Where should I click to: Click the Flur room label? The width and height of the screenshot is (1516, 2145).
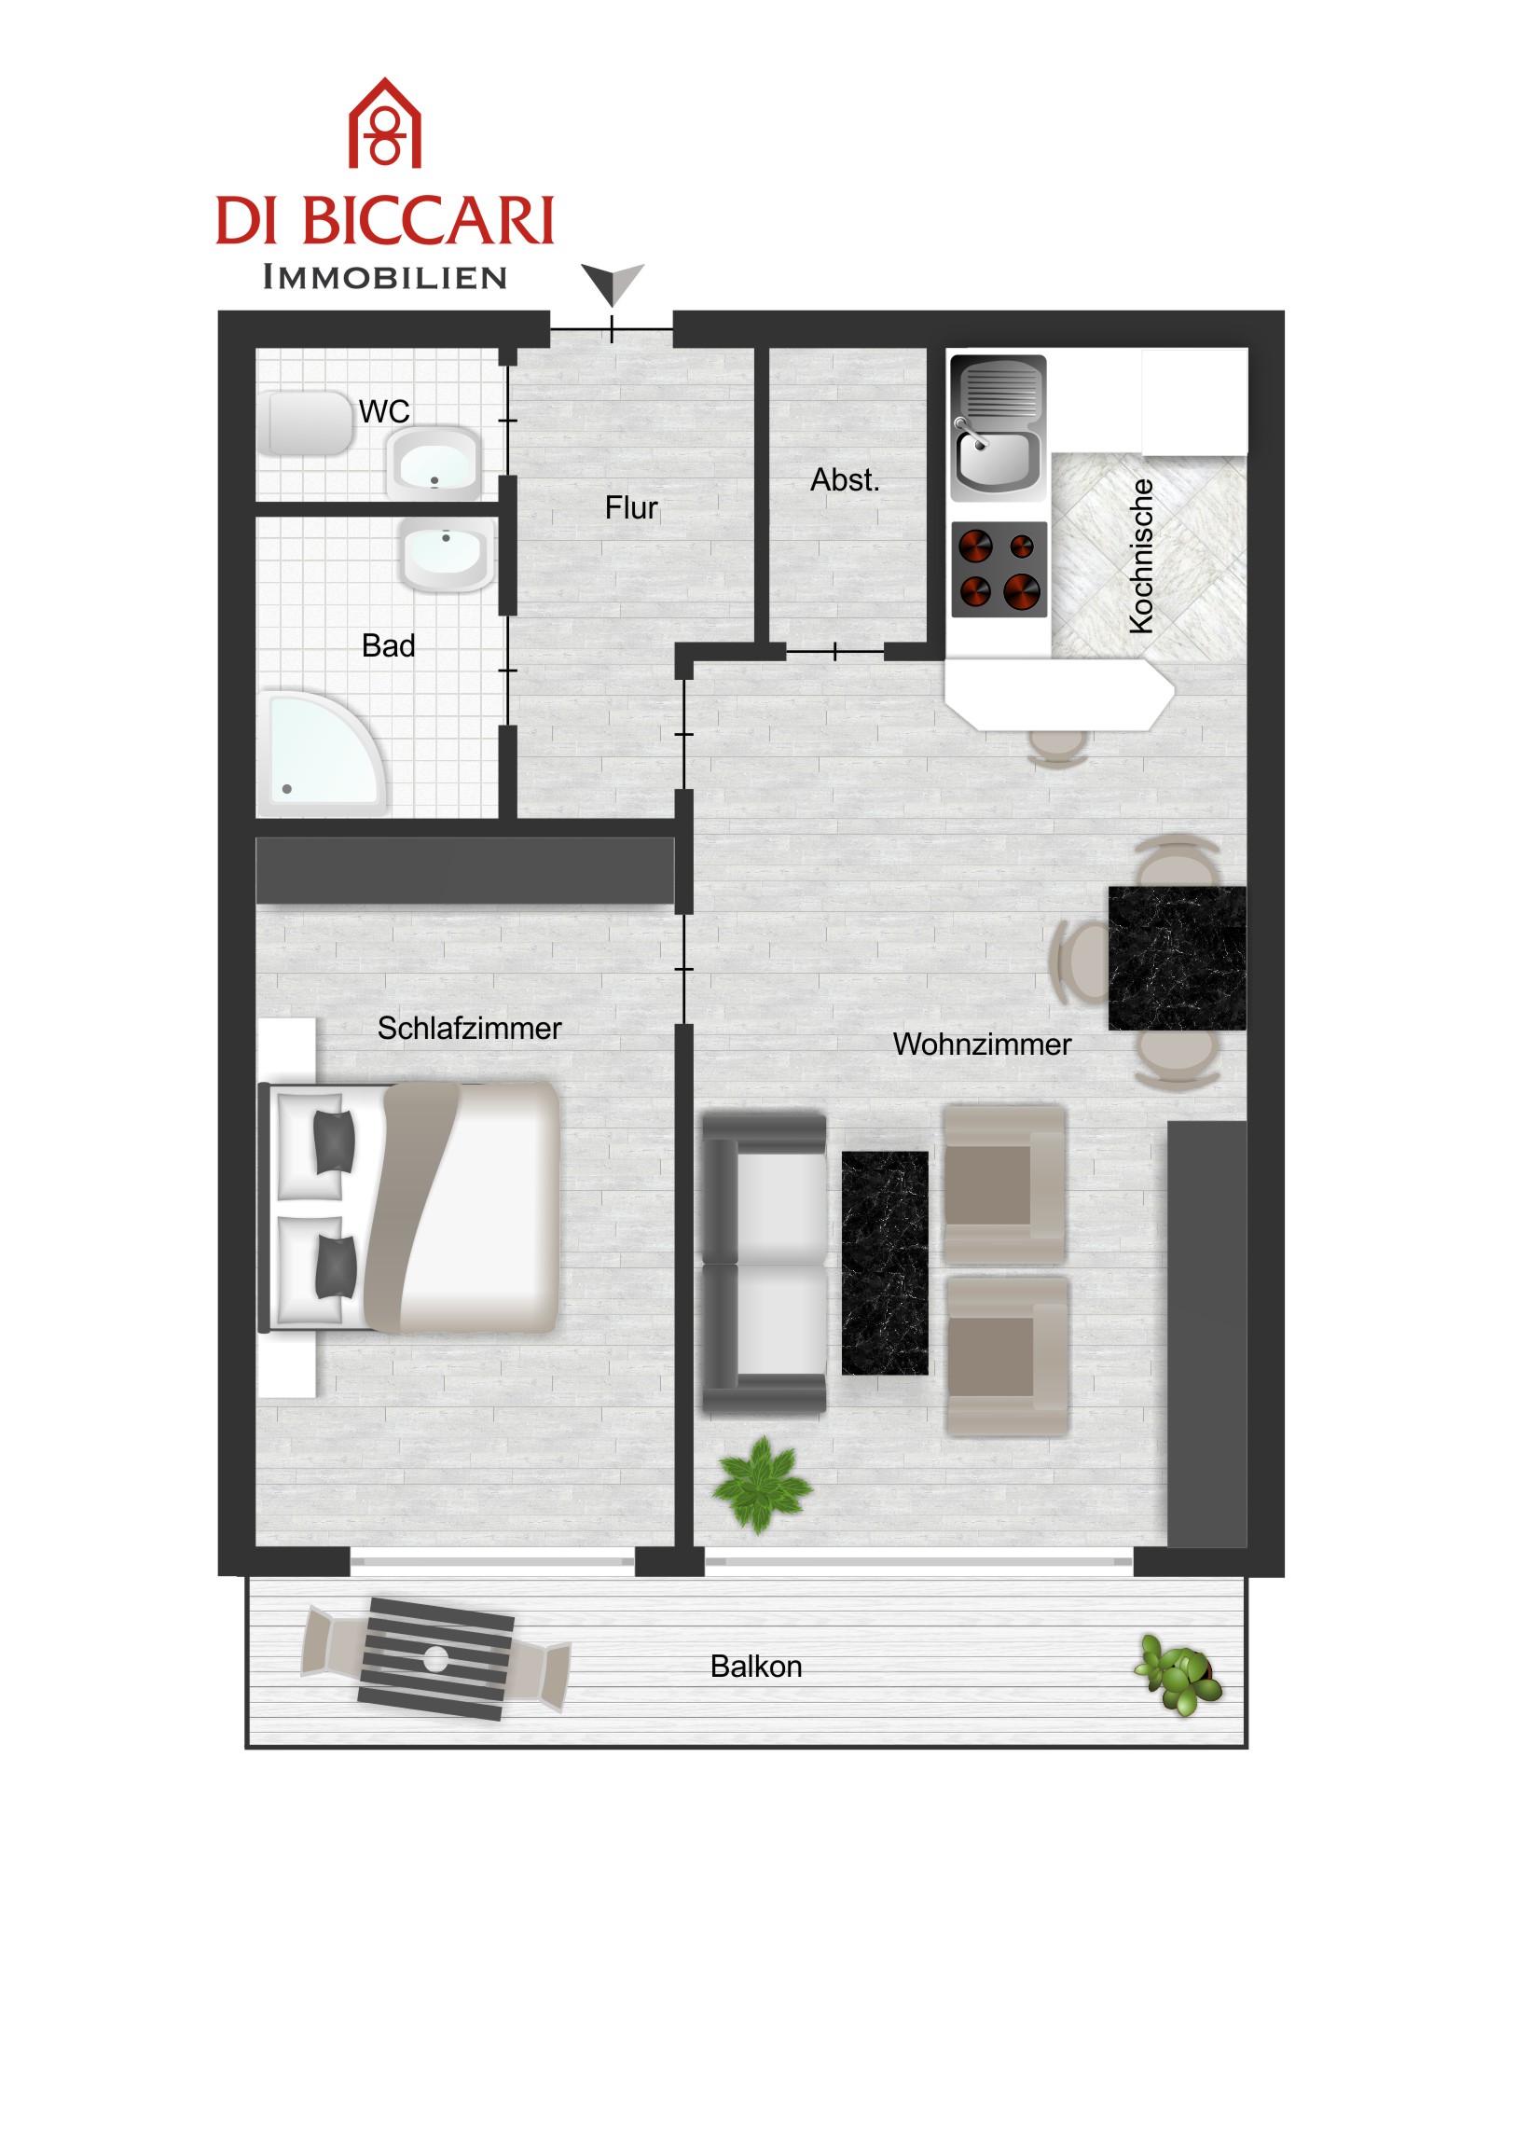click(x=631, y=508)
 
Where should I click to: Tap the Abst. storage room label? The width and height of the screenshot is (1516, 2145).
click(x=846, y=480)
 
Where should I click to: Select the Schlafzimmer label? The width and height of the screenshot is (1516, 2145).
click(x=469, y=1029)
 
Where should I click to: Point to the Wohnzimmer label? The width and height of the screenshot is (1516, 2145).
click(x=982, y=1045)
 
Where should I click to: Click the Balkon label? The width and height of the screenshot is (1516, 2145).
click(x=755, y=1667)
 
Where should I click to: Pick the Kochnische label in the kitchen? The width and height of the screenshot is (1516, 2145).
click(x=1141, y=557)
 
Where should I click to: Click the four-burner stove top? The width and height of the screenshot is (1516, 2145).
click(x=999, y=569)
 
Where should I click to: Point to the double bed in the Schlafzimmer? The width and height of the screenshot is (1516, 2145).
click(x=409, y=1207)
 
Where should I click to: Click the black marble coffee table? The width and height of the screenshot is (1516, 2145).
click(x=885, y=1263)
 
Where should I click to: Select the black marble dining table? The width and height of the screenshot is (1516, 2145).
click(x=1177, y=959)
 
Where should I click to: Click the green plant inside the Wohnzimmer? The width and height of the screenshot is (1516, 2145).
click(x=761, y=1486)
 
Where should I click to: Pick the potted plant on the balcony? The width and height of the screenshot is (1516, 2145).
click(x=1178, y=1675)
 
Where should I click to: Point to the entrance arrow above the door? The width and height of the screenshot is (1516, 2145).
click(x=612, y=284)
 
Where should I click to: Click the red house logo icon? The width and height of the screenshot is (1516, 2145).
click(x=385, y=122)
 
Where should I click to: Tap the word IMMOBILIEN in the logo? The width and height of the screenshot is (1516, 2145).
click(x=385, y=278)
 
